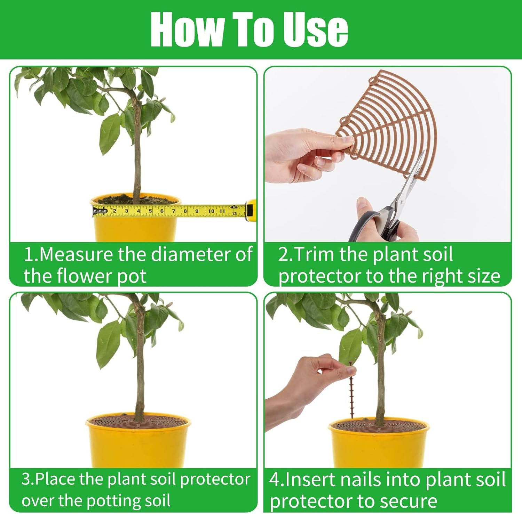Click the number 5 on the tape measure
[150, 211]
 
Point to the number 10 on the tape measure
[211, 211]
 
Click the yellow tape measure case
[251, 211]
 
